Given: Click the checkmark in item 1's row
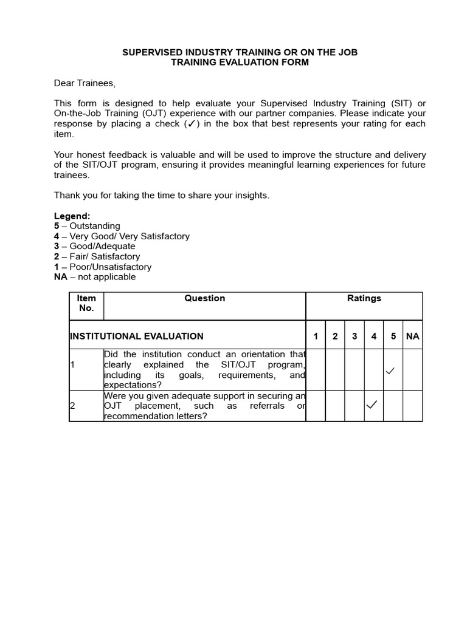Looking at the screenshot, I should pos(391,371).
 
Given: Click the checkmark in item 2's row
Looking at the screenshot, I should pos(372,405).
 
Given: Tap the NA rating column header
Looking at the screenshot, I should pos(412,337).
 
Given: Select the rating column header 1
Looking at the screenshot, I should pos(316,337).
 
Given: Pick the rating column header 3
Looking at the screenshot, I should pos(355,337).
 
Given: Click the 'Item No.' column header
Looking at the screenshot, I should pos(86,303).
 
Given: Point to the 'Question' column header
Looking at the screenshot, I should pos(205,298).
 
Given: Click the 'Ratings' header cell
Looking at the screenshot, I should pos(364,298).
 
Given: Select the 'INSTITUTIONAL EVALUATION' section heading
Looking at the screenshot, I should pos(137,337).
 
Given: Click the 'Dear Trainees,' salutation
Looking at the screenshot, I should pos(85,83).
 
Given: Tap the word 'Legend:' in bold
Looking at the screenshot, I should pos(72,216).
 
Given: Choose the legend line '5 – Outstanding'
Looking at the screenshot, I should pos(87,226).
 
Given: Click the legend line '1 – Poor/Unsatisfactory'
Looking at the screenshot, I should pos(103,267).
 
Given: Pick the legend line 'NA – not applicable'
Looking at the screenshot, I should pos(95,277).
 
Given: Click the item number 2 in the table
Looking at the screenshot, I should pos(72,406).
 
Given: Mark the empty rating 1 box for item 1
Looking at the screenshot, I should pos(316,369).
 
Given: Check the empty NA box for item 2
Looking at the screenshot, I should pos(412,406).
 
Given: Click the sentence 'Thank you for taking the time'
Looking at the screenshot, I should pos(161,195).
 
